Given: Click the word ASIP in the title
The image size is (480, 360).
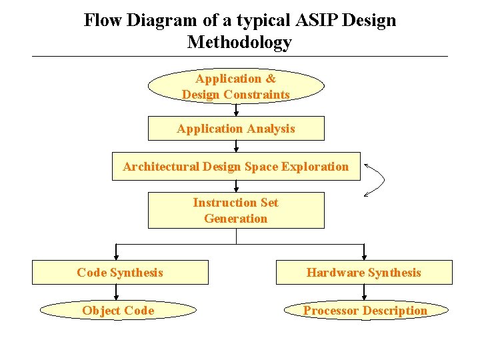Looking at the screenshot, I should click(x=319, y=21).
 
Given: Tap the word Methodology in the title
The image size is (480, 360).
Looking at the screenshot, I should click(x=239, y=43).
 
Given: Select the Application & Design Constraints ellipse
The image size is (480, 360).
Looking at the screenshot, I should click(x=236, y=86).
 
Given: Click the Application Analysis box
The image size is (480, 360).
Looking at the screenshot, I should click(x=236, y=129).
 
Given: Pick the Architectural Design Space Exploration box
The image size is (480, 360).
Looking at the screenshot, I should click(x=236, y=167).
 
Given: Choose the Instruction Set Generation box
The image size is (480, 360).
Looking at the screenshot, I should click(x=236, y=211).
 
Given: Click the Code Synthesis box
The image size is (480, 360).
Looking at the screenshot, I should click(x=120, y=272).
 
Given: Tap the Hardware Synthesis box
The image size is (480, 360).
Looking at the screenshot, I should click(x=364, y=272).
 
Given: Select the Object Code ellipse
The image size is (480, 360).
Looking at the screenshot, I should click(x=118, y=310).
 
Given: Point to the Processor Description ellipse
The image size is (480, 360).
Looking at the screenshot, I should click(x=365, y=310).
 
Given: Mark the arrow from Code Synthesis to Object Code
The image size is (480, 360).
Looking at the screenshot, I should click(x=117, y=292).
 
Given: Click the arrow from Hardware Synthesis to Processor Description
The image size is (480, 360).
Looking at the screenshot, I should click(x=364, y=292).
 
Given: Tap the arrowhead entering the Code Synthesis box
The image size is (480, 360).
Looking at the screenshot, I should click(x=117, y=256).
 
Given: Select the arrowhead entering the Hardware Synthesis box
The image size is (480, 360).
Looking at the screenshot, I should click(x=364, y=256).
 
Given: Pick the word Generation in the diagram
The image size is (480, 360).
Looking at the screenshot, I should click(x=236, y=219).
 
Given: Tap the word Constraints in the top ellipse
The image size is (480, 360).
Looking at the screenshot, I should click(x=257, y=95).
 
